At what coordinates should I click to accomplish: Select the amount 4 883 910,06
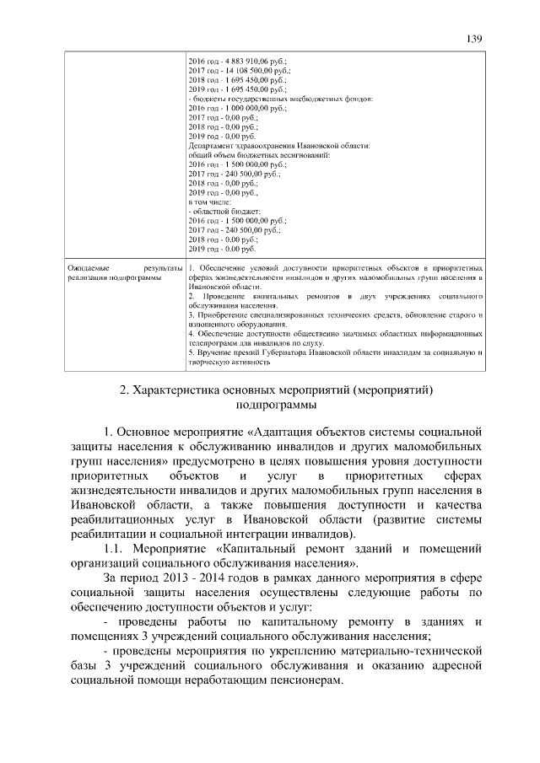[x=248, y=62]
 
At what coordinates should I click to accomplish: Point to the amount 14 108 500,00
[x=251, y=71]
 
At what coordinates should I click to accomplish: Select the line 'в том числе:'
[x=207, y=202]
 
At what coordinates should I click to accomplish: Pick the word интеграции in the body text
[x=267, y=535]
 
